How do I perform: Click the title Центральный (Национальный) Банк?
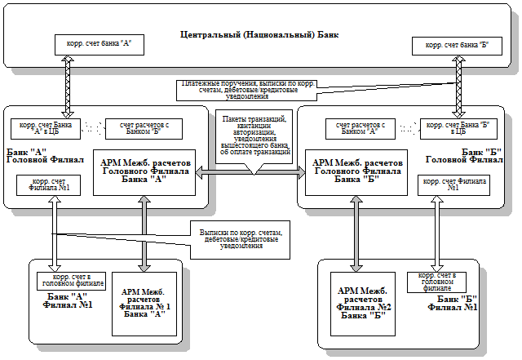tap(259, 36)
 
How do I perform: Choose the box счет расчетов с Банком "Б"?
tap(143, 128)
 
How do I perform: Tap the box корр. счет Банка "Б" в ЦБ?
tap(452, 128)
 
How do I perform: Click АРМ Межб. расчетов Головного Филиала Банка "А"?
tap(144, 171)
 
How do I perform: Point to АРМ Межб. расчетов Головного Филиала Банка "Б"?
tap(352, 172)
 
